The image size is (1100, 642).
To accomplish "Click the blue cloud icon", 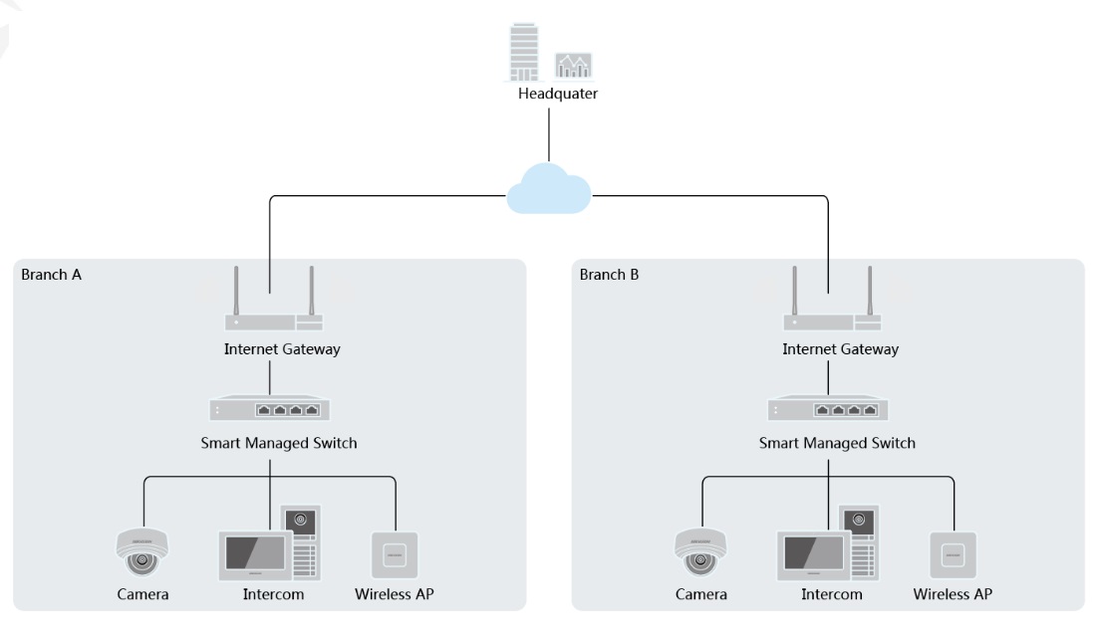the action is point(549,188).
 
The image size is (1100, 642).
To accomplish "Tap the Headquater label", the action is point(558,94).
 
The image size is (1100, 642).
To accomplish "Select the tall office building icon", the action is point(524,52).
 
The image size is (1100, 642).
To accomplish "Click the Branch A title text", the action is point(51,274).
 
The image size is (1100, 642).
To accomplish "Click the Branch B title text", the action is point(609,274).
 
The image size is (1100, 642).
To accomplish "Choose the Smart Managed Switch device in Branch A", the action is point(270,408).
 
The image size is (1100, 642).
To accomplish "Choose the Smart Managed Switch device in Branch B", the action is point(829,408).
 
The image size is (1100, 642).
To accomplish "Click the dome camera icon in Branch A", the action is point(142,552).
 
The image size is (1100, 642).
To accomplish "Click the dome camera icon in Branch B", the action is point(700,552).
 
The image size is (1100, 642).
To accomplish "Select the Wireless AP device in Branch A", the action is point(395,555).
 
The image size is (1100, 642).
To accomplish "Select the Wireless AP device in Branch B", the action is point(954,555).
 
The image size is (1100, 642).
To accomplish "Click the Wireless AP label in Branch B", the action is point(953,594).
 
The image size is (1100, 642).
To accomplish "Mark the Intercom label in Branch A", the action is point(274,594).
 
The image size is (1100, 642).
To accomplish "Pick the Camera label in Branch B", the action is point(700,594).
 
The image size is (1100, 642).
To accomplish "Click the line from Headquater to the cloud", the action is point(549,135).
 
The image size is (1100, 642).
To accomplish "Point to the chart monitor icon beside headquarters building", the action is point(574,65).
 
